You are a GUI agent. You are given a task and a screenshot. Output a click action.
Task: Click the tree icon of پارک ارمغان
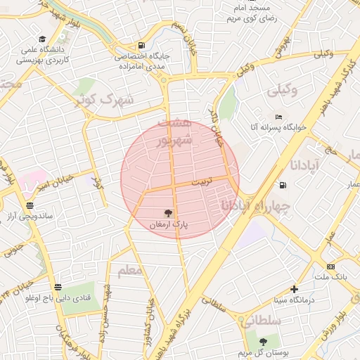click(x=167, y=212)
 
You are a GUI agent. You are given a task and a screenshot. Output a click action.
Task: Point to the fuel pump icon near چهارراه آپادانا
click(x=283, y=186)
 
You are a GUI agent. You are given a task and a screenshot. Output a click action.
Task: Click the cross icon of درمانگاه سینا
click(x=294, y=288)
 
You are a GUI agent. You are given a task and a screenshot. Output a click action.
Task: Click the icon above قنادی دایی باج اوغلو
click(x=58, y=287)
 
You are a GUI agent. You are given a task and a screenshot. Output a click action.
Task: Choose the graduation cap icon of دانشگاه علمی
click(x=42, y=39)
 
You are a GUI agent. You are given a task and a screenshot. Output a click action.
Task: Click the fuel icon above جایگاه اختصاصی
click(x=143, y=44)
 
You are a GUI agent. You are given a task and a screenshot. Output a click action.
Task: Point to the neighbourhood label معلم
click(x=130, y=270)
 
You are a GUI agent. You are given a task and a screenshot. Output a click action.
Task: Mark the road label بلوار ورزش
click(x=330, y=324)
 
